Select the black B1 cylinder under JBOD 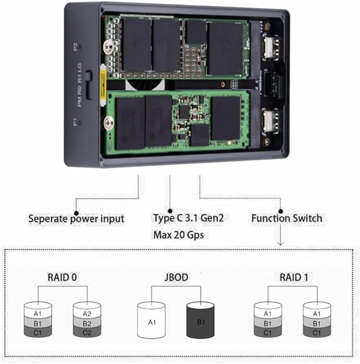click(200, 321)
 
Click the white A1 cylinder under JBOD click(152, 321)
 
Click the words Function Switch click(286, 218)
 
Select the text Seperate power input click(76, 219)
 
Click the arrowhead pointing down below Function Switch click(280, 242)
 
